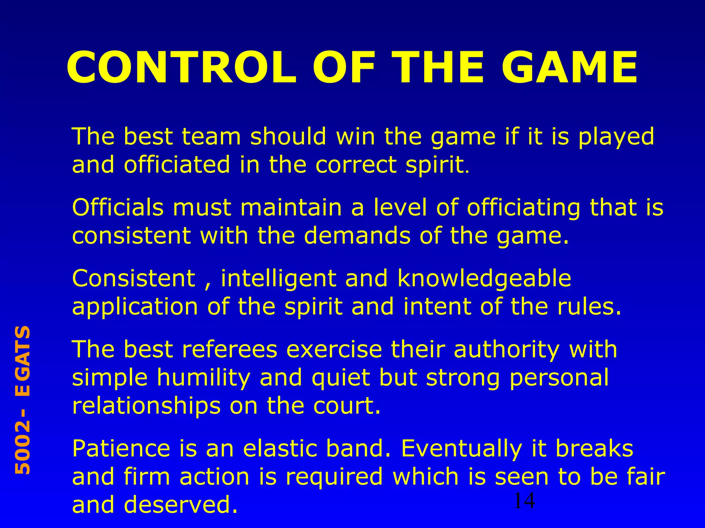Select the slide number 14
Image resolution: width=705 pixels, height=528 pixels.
pos(524,501)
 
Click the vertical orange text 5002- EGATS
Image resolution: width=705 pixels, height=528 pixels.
pos(23,400)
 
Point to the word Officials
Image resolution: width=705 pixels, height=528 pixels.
pos(118,208)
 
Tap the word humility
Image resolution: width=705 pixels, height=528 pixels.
pos(203,378)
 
